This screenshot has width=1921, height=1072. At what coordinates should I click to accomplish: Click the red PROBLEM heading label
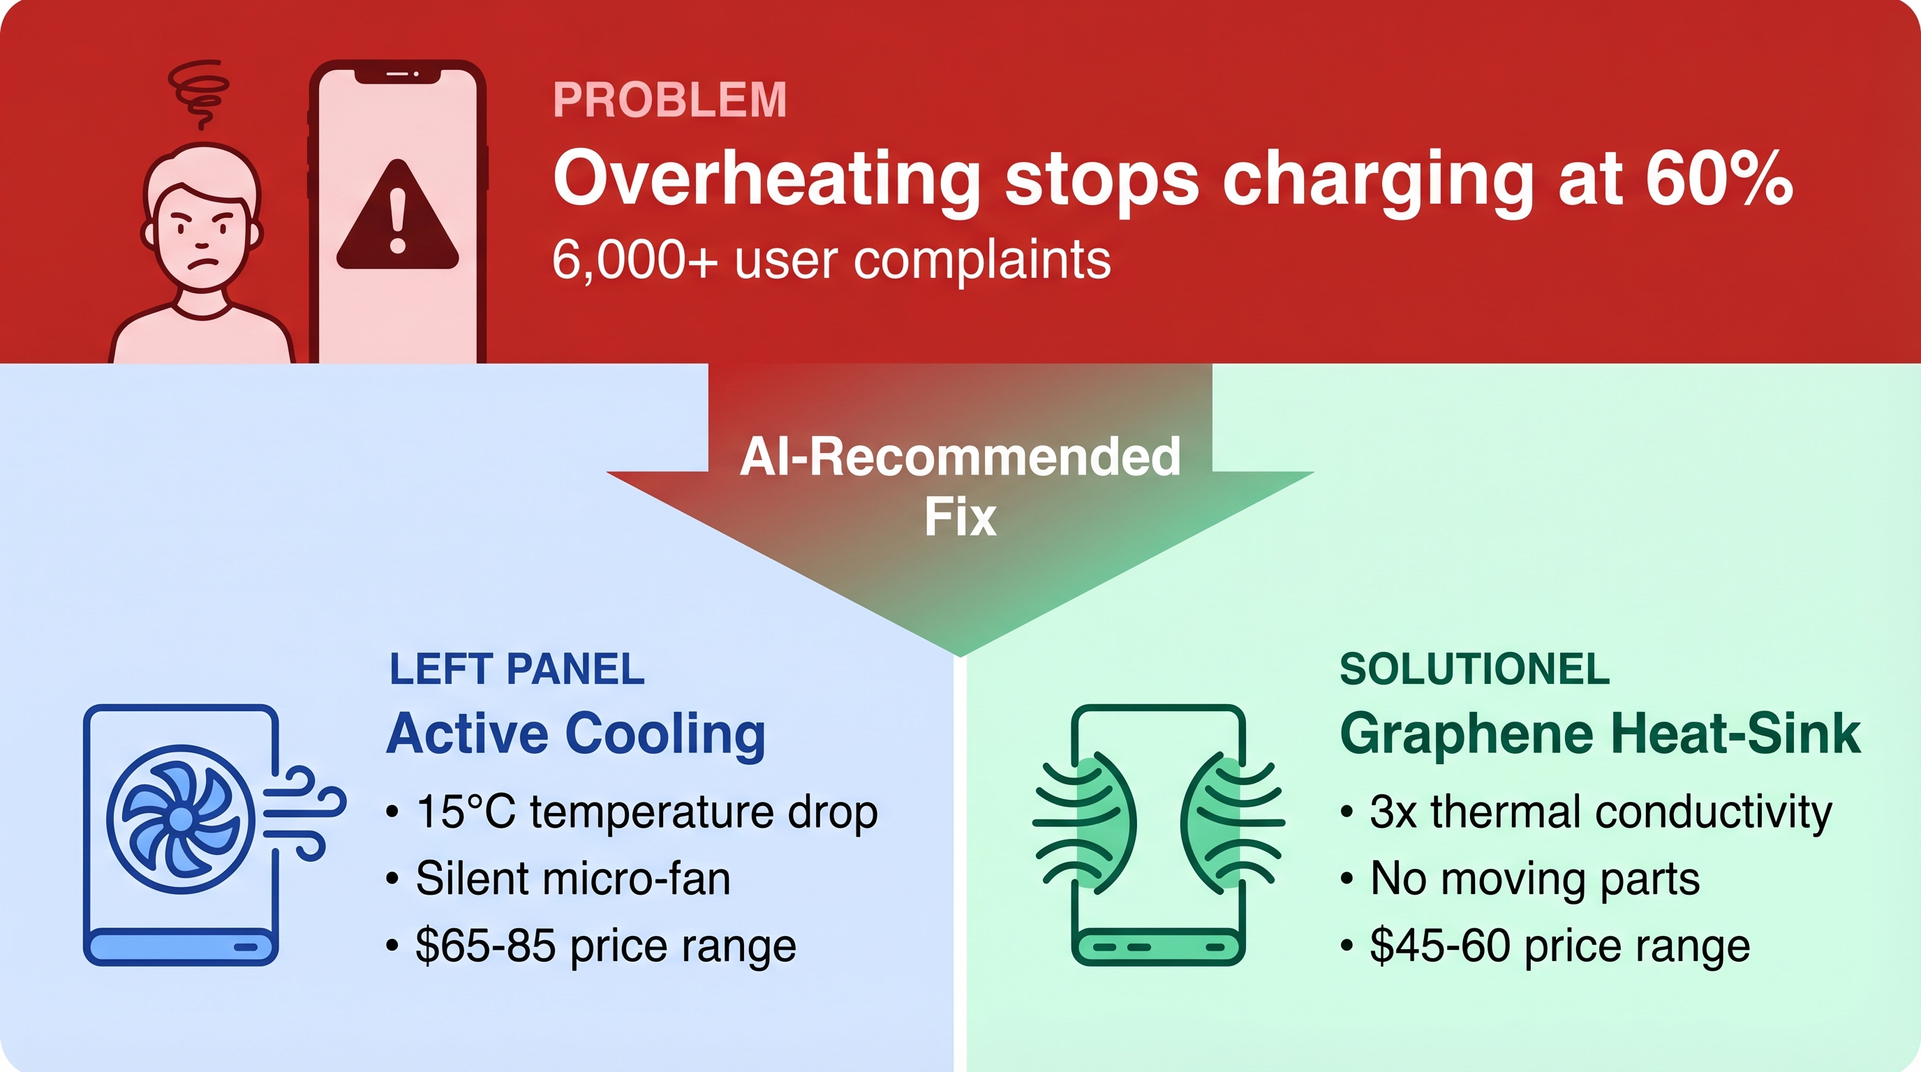pyautogui.click(x=669, y=100)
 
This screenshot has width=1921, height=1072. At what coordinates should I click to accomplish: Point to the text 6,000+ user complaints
pyautogui.click(x=831, y=260)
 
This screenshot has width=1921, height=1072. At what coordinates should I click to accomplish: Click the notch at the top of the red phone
pyautogui.click(x=396, y=75)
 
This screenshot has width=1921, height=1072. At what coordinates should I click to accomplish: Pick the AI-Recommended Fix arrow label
pyautogui.click(x=960, y=486)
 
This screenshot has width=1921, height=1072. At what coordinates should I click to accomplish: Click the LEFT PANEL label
pyautogui.click(x=516, y=669)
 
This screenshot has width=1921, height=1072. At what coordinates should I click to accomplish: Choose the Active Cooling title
pyautogui.click(x=576, y=734)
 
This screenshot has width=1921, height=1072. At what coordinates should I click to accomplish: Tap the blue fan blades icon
pyautogui.click(x=181, y=819)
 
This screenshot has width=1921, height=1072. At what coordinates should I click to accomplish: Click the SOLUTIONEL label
pyautogui.click(x=1474, y=669)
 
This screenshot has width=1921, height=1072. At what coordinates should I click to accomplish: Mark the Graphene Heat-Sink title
pyautogui.click(x=1601, y=734)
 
